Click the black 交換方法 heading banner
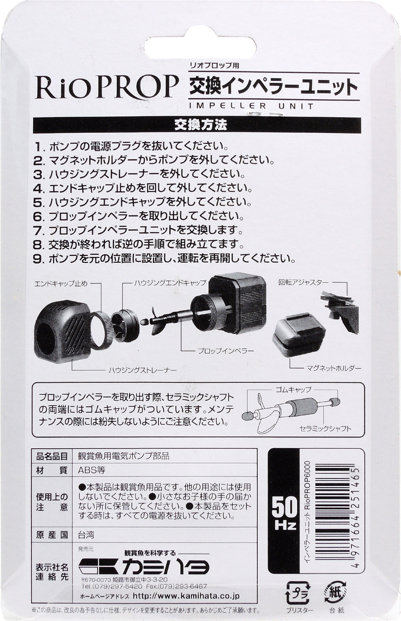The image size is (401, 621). pyautogui.click(x=200, y=125)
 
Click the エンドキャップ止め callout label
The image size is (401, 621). pyautogui.click(x=61, y=284)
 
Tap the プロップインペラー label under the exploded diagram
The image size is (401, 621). pyautogui.click(x=226, y=351)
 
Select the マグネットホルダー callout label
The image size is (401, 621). pyautogui.click(x=334, y=368)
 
